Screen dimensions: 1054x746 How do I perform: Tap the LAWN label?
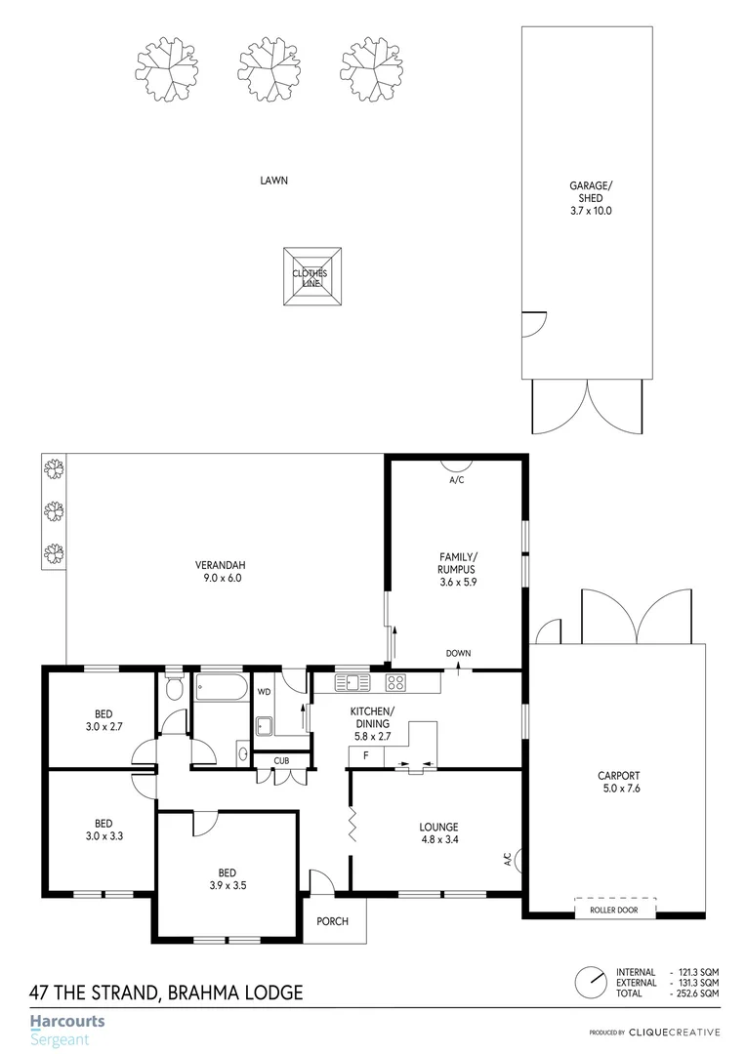point(273,181)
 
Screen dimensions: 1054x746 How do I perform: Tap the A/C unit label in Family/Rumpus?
point(456,480)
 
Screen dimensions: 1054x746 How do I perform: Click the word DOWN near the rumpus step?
point(458,654)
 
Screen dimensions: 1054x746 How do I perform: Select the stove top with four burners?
point(395,682)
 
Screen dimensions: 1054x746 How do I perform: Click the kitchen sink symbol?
point(349,682)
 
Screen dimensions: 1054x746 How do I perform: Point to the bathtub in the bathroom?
point(222,688)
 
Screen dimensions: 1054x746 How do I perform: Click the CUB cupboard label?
point(280,760)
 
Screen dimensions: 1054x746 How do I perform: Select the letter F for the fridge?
point(365,756)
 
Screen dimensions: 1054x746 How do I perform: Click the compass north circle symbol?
point(589,980)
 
